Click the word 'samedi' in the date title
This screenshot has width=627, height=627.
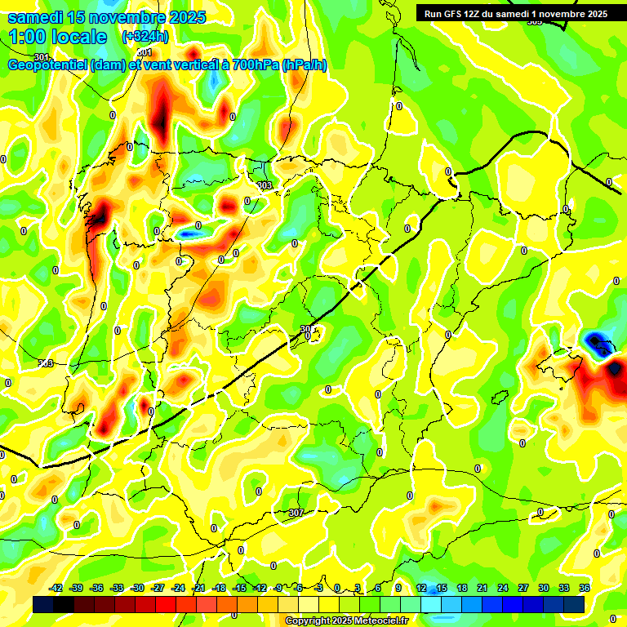(x=35, y=17)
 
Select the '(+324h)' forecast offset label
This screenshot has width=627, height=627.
(x=145, y=37)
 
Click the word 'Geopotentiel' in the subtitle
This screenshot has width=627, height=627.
(x=47, y=65)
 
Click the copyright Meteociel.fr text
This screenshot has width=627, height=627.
(x=346, y=621)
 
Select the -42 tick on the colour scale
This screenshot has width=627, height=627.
(x=56, y=588)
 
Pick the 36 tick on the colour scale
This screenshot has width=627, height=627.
(x=585, y=588)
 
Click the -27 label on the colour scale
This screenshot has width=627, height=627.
(x=158, y=588)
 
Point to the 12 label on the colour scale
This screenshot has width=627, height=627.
(x=421, y=588)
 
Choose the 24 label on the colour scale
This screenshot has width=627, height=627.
(x=503, y=588)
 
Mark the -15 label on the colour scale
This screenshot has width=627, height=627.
(x=239, y=588)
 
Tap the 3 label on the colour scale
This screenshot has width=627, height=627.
(x=358, y=588)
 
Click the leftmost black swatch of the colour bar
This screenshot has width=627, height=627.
(x=43, y=604)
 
